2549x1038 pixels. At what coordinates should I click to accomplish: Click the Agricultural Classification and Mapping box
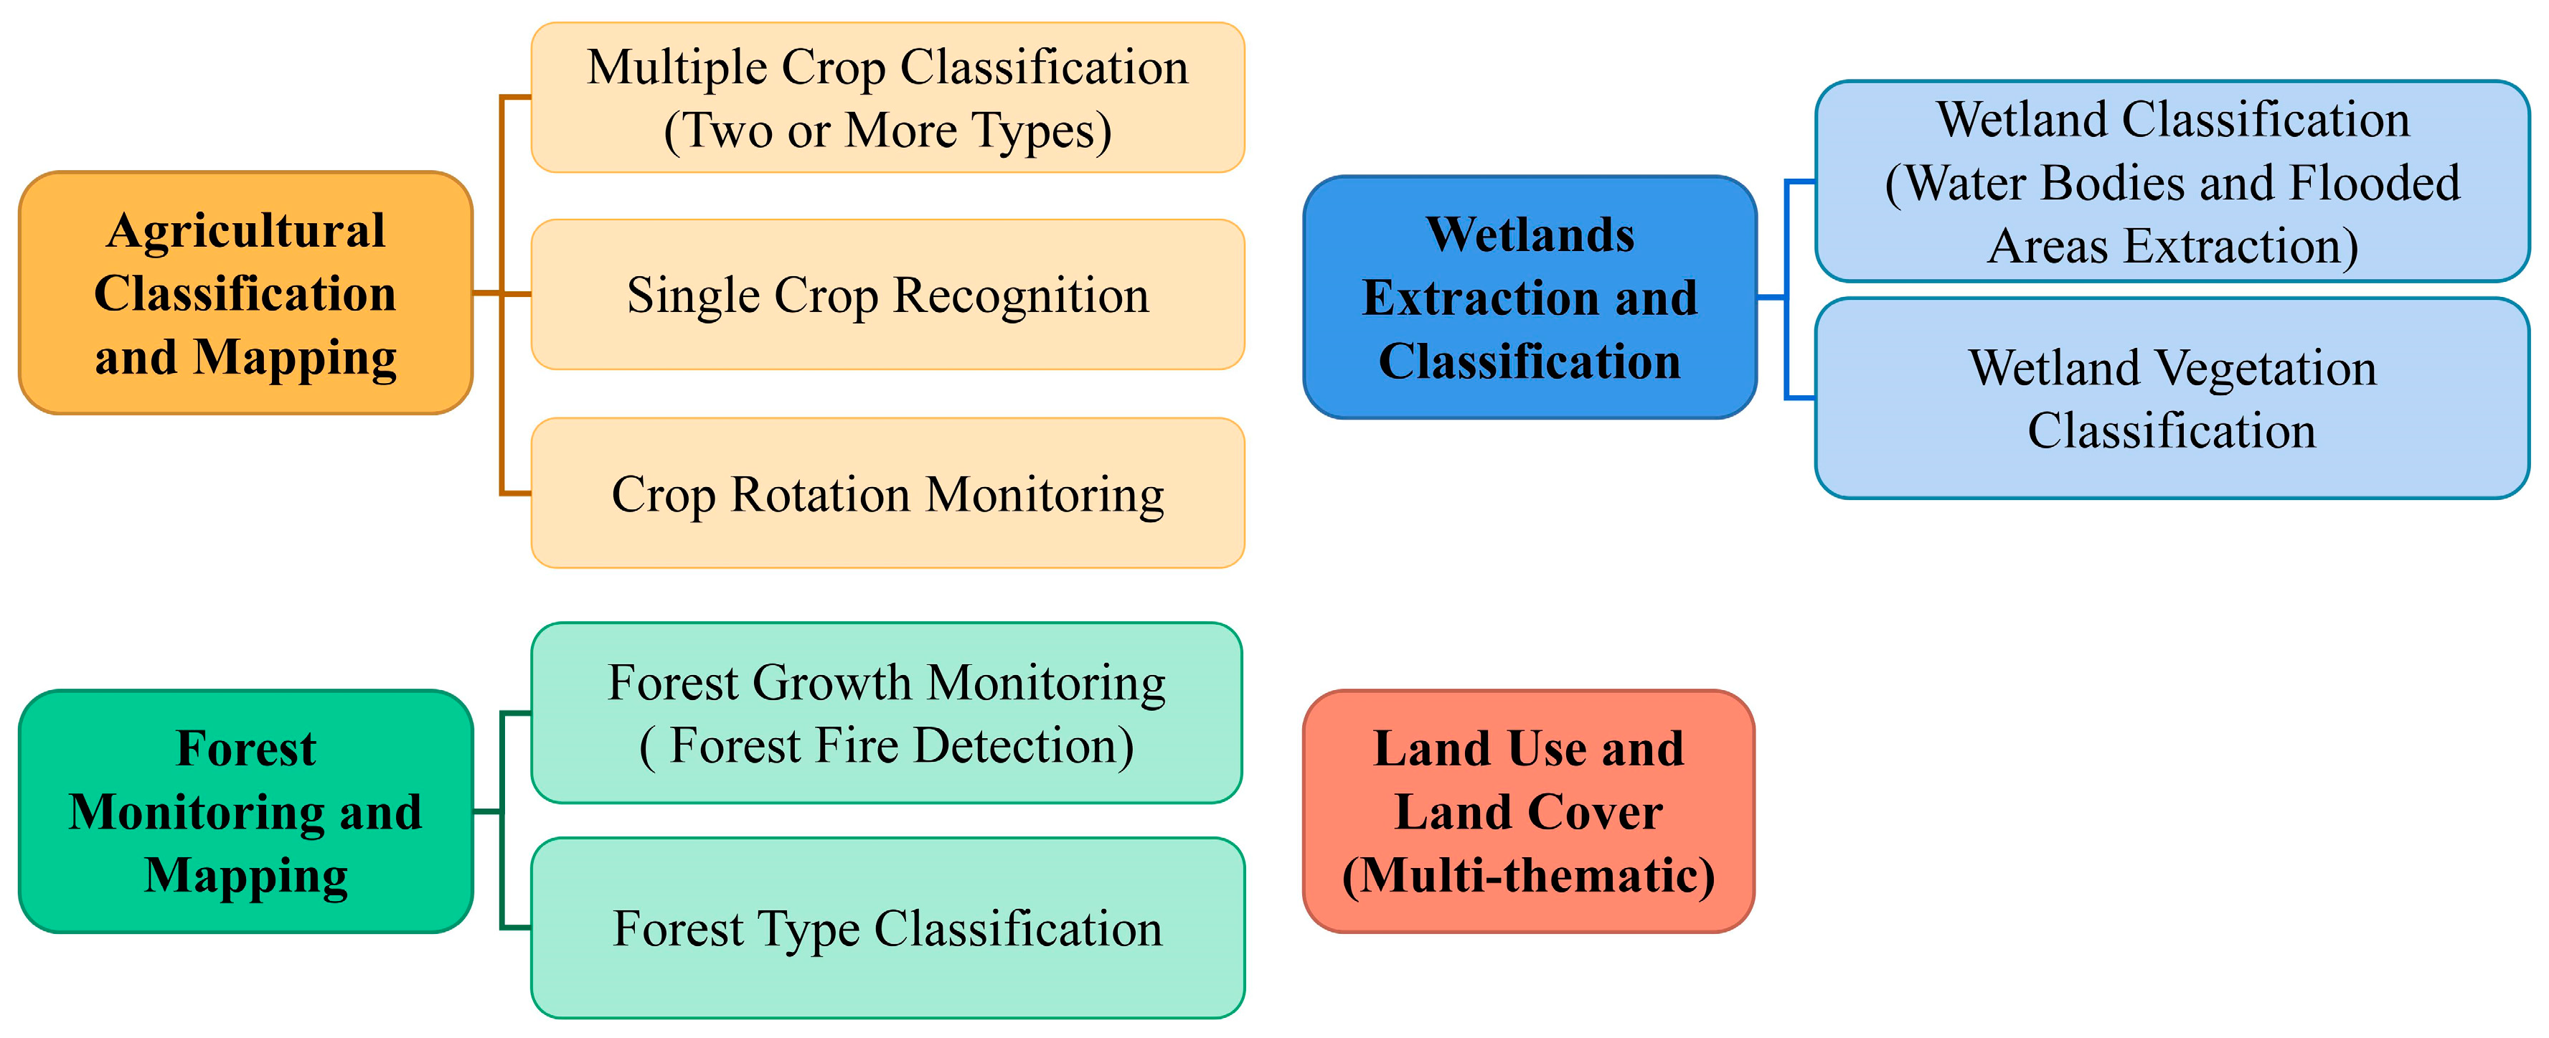point(245,293)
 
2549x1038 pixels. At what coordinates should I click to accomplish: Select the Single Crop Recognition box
point(887,295)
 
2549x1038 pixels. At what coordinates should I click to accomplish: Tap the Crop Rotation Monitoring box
point(887,493)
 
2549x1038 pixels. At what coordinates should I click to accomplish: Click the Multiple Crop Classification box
point(887,98)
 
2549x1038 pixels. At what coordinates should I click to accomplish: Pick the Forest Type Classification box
point(887,928)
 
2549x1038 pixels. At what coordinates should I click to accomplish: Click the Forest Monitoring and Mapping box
point(245,811)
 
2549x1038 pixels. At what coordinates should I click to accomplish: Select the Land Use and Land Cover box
point(1529,811)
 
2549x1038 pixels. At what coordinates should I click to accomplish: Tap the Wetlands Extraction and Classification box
point(1530,297)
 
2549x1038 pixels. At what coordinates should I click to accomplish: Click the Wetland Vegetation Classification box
point(2172,398)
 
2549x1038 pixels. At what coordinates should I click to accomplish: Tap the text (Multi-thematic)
point(1529,876)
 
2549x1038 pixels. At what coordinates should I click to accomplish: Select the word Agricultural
point(245,230)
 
